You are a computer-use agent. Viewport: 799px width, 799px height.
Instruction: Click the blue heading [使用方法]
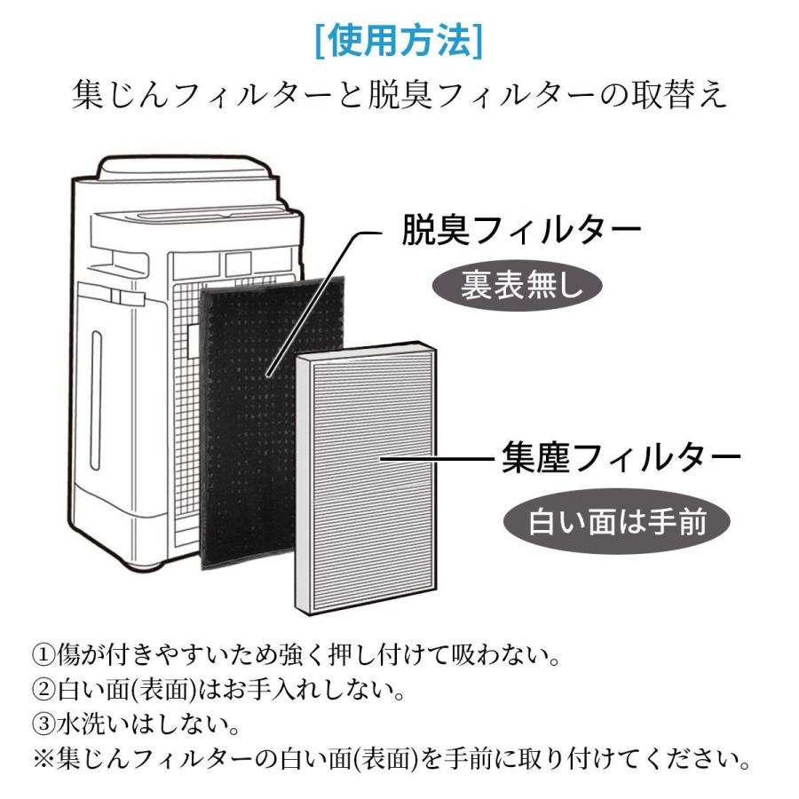tap(399, 41)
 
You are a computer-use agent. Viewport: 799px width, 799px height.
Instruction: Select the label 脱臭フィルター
tap(521, 233)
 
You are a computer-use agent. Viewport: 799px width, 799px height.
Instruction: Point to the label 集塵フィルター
tap(621, 458)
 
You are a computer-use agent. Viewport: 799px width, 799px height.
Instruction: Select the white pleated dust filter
tap(368, 479)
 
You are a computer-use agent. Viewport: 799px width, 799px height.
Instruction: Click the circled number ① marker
tap(44, 658)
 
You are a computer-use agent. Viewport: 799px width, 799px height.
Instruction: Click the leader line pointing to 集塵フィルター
tap(435, 459)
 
